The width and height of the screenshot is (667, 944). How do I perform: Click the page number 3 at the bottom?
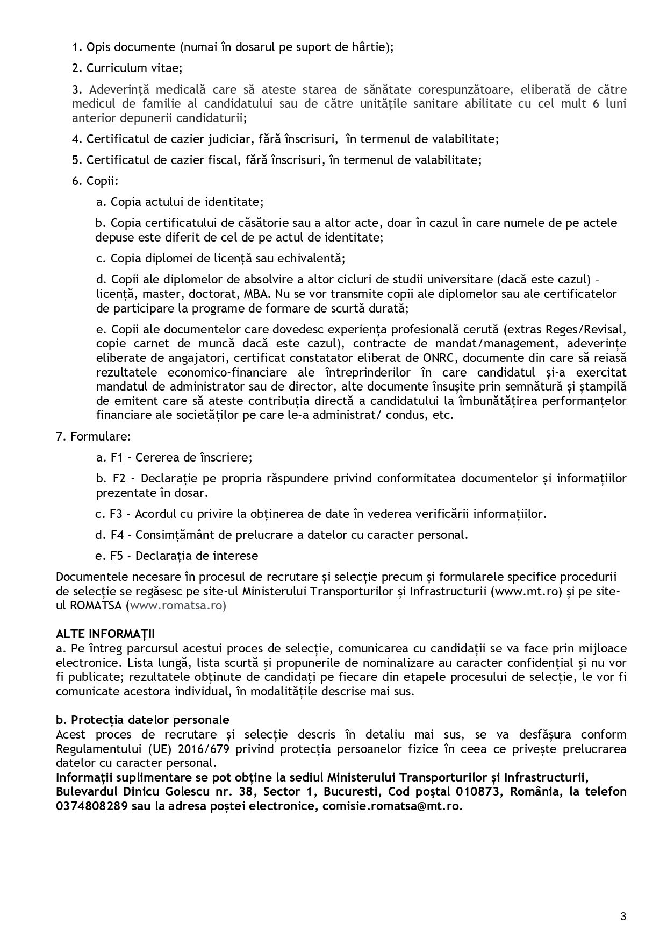pos(623,917)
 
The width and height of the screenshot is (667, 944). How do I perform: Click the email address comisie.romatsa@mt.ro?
pos(392,807)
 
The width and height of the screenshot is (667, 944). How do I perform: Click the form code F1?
pos(117,457)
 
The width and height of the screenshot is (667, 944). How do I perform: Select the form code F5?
pos(117,555)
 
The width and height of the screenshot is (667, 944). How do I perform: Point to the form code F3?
pos(117,513)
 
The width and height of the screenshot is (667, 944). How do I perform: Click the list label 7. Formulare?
pos(94,436)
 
